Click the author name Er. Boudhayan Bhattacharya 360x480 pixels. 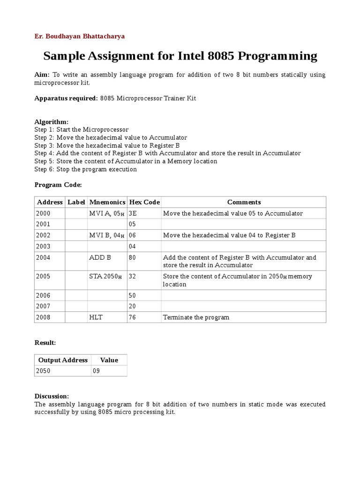[80, 36]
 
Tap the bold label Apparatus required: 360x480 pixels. [66, 98]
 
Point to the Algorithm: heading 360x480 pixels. [52, 122]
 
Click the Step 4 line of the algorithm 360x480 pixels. [167, 153]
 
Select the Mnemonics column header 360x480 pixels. [107, 202]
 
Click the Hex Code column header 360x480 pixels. [144, 202]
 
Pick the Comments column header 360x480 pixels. [244, 202]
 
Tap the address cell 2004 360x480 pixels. [43, 257]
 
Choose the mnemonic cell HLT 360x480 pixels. [96, 317]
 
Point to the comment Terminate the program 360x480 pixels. [196, 317]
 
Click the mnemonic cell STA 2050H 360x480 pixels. [105, 277]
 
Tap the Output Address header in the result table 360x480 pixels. [63, 360]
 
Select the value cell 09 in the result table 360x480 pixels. [96, 371]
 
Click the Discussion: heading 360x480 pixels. [52, 396]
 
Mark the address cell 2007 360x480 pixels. [43, 307]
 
